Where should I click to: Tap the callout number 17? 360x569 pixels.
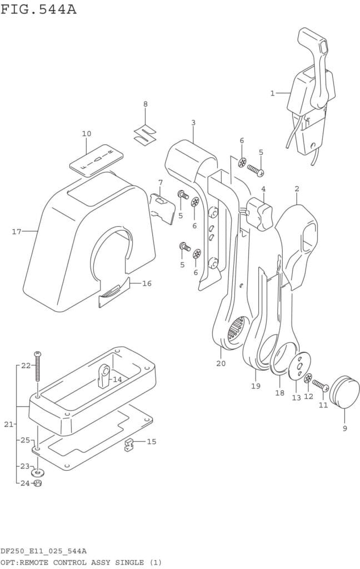click(x=17, y=231)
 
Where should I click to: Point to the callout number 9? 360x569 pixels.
click(x=344, y=428)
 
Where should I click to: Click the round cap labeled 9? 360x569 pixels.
click(x=344, y=390)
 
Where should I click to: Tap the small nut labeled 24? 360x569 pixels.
click(x=38, y=483)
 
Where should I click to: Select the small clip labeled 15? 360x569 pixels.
click(x=130, y=445)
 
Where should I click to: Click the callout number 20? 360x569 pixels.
click(x=221, y=363)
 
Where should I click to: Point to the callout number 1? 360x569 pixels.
click(x=272, y=93)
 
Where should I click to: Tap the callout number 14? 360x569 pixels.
click(x=117, y=380)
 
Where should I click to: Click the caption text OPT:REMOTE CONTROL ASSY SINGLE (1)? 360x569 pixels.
click(x=81, y=562)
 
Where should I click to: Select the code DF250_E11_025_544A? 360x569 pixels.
click(x=43, y=551)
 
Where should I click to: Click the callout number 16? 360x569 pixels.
click(x=147, y=283)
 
